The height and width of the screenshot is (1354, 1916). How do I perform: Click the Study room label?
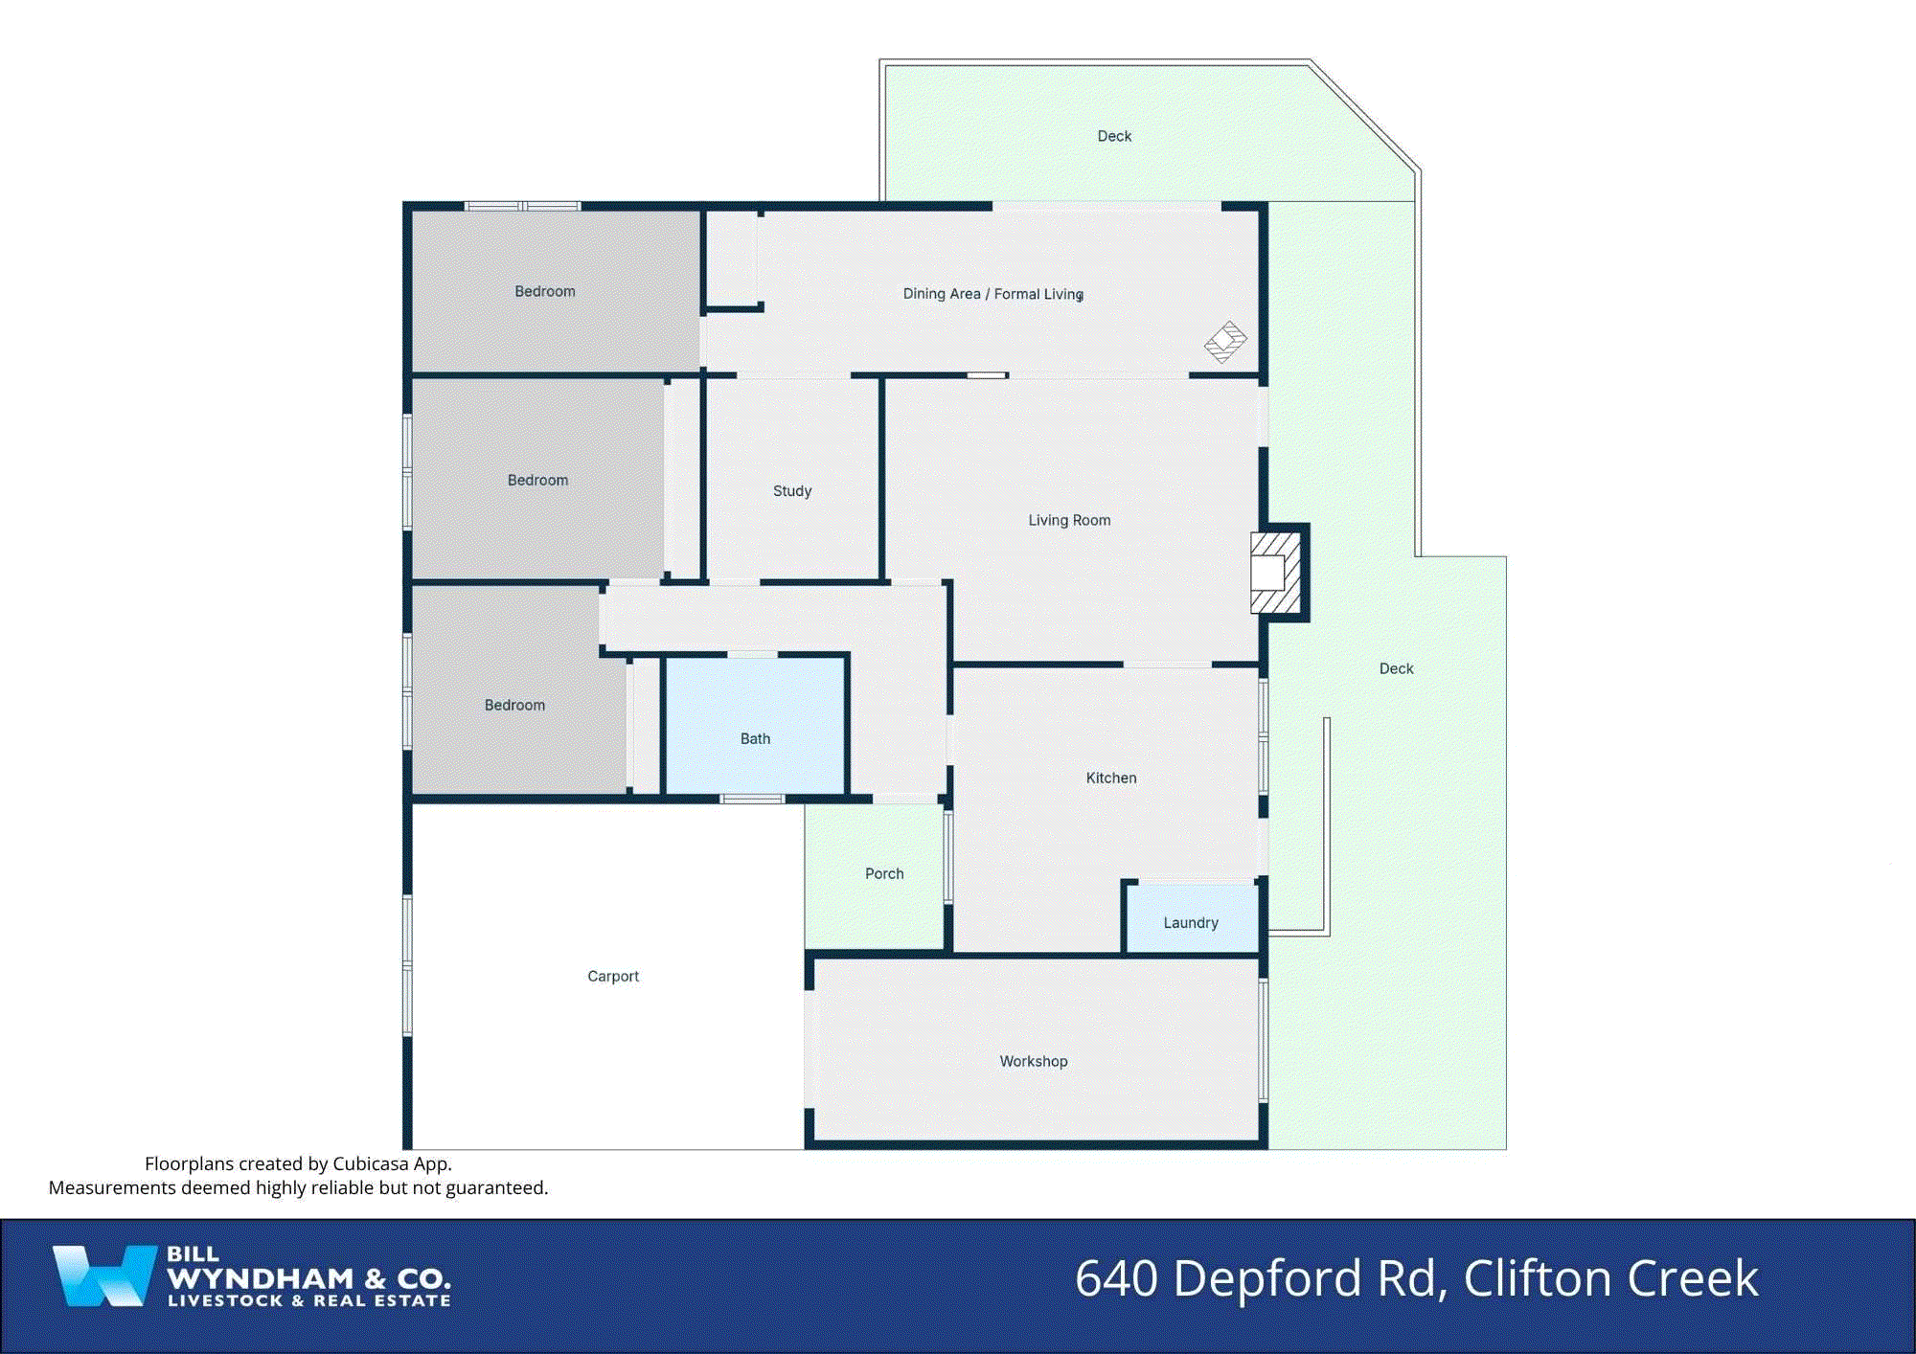point(792,491)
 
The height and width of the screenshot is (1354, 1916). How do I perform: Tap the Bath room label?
point(755,739)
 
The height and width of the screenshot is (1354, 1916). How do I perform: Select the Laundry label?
point(1191,923)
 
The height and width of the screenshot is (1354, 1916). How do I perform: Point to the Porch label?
point(884,874)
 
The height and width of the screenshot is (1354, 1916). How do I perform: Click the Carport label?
point(613,977)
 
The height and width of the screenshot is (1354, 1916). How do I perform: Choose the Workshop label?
point(1034,1062)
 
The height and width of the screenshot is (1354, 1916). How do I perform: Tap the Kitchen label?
point(1111,779)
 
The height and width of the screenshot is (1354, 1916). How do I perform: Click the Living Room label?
point(1069,521)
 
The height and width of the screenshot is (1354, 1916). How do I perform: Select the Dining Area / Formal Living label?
point(993,294)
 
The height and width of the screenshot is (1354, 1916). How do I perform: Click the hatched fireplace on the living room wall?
point(1275,573)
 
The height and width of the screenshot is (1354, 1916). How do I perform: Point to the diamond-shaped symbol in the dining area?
point(1226,342)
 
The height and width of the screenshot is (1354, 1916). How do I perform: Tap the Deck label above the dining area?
point(1114,137)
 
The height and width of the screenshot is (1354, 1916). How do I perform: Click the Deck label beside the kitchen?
point(1396,669)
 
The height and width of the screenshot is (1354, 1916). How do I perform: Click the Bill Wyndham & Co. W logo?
point(103,1275)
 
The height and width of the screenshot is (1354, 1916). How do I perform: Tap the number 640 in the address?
point(1116,1278)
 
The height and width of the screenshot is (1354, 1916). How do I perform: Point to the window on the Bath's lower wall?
point(752,799)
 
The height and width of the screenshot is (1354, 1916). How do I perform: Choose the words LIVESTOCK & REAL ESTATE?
point(308,1301)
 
